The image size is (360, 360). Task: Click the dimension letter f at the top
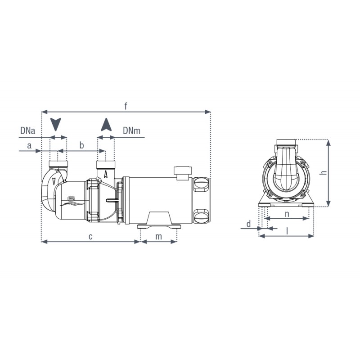coord(126,106)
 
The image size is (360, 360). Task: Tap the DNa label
coord(28,131)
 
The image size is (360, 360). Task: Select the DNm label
coord(131,131)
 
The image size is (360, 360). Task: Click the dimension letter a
coord(29,145)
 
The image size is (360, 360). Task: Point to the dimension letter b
coord(81,145)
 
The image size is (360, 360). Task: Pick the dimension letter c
coord(90,236)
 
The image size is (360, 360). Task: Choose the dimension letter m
coord(158,236)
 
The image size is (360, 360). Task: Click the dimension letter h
coord(335,172)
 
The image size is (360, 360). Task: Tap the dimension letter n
coord(287,213)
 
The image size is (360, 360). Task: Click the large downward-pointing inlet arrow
coord(56,124)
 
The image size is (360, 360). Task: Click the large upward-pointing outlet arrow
coord(106,124)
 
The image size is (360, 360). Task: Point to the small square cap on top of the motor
coord(182,171)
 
